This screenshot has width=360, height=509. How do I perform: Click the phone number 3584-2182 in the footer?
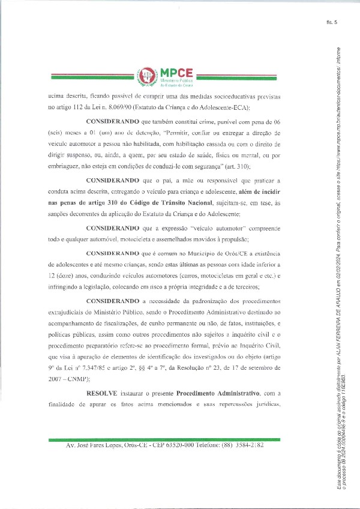click(247, 446)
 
